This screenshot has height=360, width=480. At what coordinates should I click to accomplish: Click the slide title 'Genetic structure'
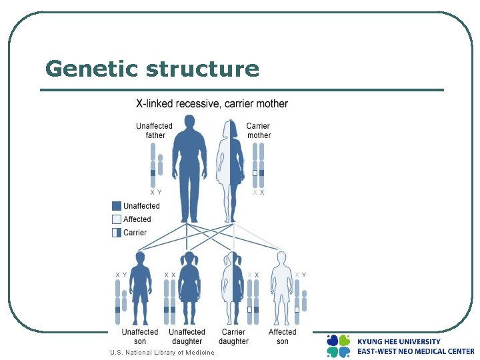tap(152, 69)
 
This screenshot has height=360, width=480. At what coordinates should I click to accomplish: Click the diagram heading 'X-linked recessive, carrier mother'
tap(212, 104)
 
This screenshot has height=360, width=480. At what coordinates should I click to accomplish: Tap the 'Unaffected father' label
tap(154, 131)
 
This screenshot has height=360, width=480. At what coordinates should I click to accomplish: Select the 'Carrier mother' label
tap(259, 131)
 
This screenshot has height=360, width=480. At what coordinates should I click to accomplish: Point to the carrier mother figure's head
tap(231, 127)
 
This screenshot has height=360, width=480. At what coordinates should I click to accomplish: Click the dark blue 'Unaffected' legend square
tap(117, 206)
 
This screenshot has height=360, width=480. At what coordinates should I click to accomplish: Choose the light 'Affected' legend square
tap(117, 219)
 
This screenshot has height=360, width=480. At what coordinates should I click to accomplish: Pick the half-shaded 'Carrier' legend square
tap(117, 233)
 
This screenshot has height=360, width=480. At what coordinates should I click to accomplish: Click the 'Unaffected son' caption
tap(140, 337)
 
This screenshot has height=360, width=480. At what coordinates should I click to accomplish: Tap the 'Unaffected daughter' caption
tap(187, 337)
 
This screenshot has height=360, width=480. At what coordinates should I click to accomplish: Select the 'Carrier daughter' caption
tap(233, 337)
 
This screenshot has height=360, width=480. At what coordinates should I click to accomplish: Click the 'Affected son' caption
tap(283, 337)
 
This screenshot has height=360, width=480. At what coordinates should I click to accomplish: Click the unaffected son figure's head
tap(140, 258)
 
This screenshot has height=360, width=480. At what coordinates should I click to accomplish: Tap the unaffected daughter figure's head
tap(189, 258)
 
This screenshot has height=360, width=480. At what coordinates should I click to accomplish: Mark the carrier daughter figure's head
tap(233, 258)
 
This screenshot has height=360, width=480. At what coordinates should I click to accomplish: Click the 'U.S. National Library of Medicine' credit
tap(163, 353)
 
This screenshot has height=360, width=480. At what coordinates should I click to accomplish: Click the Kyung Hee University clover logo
tap(339, 345)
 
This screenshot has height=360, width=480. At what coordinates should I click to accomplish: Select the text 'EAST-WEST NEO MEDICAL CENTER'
tap(415, 351)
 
